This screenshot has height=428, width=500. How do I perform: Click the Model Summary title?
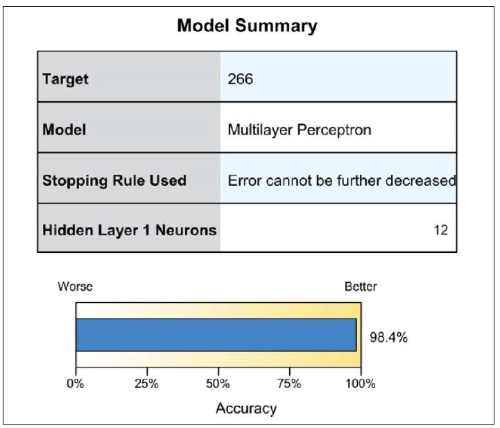247,26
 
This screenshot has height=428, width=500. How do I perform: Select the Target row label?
65,79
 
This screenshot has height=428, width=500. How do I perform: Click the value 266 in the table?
241,79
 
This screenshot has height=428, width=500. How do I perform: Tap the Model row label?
64,130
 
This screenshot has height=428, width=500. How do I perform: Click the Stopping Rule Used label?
114,180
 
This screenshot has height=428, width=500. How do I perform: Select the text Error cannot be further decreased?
342,181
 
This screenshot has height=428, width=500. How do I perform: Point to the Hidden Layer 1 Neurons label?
130,230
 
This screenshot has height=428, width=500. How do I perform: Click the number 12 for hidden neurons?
440,230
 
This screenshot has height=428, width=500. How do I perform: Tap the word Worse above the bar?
76,286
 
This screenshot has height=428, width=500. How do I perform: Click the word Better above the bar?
361,286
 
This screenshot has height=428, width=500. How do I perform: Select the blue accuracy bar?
216,335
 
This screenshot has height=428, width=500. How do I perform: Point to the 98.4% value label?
389,337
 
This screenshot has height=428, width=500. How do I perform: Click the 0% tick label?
76,384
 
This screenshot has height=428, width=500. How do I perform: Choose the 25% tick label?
147,384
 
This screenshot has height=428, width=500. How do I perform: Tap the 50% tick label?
218,384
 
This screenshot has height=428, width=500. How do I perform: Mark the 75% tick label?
289,384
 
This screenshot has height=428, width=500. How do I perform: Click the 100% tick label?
361,384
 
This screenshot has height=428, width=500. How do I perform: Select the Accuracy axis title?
246,409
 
